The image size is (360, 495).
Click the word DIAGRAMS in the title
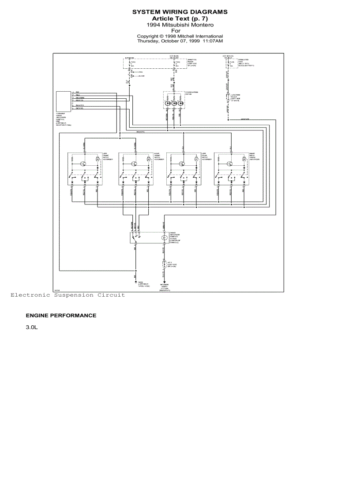207,12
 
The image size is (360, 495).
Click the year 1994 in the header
153,25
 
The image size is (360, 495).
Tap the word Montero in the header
202,25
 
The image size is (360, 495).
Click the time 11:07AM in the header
213,41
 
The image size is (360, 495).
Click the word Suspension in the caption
73,295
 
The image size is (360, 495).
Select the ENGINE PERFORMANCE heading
61,316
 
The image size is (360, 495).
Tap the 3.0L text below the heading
32,328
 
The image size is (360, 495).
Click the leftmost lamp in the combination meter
168,103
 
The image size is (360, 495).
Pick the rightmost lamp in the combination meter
181,103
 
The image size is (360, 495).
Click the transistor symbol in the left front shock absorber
83,164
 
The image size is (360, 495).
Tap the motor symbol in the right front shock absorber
148,159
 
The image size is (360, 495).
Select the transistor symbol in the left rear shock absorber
181,164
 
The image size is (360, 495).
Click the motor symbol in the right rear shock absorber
244,159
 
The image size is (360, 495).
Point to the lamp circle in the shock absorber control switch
164,238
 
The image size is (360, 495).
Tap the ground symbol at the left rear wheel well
135,281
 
